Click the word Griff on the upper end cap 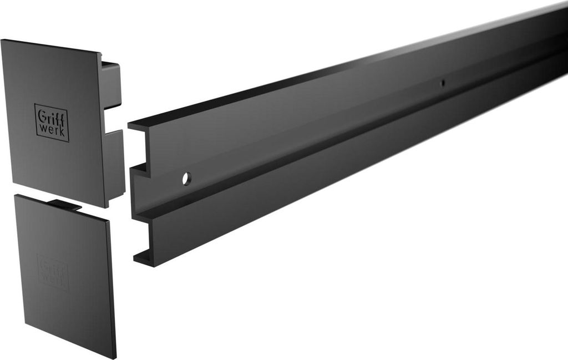(x=52, y=116)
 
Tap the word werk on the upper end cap (x=52, y=130)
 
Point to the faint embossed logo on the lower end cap (x=53, y=272)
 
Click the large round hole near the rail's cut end (x=186, y=179)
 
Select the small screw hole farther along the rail (x=442, y=83)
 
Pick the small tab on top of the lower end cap (x=64, y=205)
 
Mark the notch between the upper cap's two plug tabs (x=113, y=119)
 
